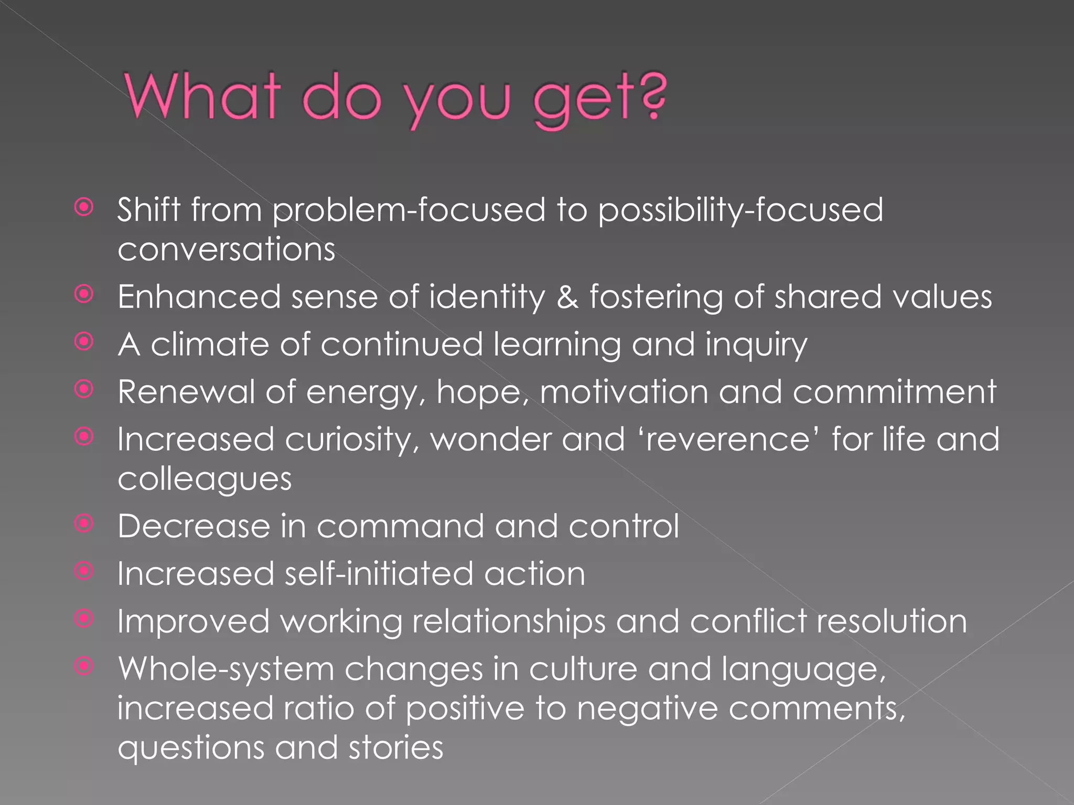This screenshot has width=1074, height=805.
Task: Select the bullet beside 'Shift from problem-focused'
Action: (84, 208)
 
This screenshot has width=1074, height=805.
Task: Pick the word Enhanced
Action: (199, 297)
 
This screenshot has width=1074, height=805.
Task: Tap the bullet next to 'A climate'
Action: (84, 342)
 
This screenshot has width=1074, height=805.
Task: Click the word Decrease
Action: (194, 526)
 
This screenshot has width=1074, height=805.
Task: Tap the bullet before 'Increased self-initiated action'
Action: (84, 571)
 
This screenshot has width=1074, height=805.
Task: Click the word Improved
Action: (194, 622)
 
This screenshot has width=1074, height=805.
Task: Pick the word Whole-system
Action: (226, 670)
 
